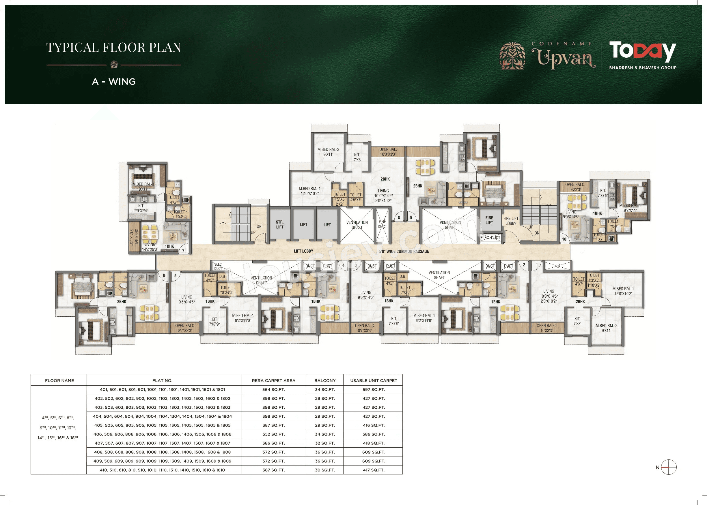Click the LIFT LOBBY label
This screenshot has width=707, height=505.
(303, 251)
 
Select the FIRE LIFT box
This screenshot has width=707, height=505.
(489, 220)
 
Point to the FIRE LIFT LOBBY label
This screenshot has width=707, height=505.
(511, 221)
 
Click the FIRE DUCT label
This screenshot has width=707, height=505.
(382, 224)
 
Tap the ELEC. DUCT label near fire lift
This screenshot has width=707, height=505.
(490, 238)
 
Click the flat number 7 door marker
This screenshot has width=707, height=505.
(183, 251)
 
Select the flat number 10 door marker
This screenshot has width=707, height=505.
(564, 239)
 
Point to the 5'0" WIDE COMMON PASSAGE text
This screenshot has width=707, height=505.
(404, 251)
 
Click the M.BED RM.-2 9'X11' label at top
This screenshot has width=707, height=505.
(328, 152)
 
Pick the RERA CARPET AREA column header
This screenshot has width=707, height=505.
(273, 380)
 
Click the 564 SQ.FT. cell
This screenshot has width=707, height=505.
(273, 389)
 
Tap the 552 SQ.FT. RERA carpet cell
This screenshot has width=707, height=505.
(273, 434)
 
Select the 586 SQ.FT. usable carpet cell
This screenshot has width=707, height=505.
(373, 434)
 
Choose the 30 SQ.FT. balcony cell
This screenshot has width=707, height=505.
(324, 470)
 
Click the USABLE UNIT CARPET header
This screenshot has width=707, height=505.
(373, 380)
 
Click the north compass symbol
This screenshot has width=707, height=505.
(668, 467)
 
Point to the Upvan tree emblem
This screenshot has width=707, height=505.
(512, 56)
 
